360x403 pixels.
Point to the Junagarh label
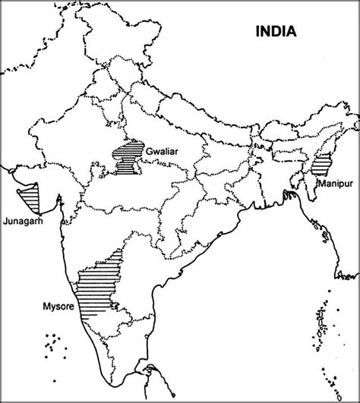coord(23,222)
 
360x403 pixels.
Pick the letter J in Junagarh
coord(5,222)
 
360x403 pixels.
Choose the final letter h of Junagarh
coord(39,222)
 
